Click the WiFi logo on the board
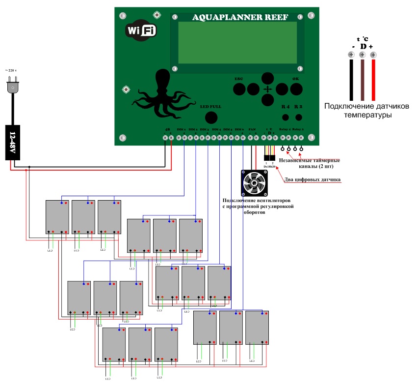142,30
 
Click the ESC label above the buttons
239,79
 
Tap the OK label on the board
295,79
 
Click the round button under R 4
286,118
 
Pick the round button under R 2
298,118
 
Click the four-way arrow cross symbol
267,89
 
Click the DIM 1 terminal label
181,129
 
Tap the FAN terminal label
252,129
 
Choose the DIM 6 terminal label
239,129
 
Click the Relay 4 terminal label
285,129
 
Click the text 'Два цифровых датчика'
313,180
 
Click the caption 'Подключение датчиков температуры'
360,111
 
